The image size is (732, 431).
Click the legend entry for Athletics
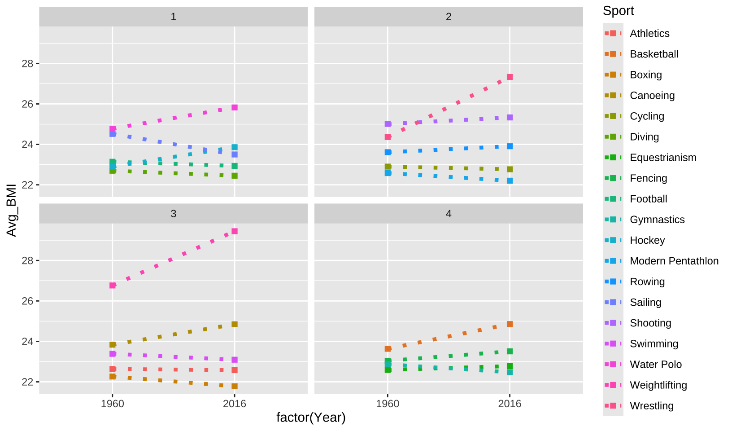[x=649, y=33]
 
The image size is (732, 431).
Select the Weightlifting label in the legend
[x=658, y=385]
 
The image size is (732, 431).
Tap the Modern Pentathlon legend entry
[x=674, y=261]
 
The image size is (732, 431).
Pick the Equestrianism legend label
[x=663, y=158]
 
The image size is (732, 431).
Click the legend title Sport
[x=618, y=11]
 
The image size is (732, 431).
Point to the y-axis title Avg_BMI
[x=12, y=210]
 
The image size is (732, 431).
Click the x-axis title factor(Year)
[x=311, y=418]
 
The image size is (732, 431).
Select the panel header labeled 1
[x=174, y=17]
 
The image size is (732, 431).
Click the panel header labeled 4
[x=449, y=214]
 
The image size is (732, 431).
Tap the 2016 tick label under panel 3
[x=235, y=404]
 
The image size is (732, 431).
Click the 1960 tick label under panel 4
[x=388, y=404]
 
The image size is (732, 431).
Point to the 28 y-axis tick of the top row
[x=28, y=64]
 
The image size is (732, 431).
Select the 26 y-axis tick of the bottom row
[x=28, y=301]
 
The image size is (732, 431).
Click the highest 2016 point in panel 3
[x=235, y=231]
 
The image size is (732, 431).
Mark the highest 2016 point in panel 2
[x=510, y=77]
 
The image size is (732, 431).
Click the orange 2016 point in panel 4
[x=510, y=324]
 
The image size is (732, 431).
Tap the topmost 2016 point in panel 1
[x=235, y=108]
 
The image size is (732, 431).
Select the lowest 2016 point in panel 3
[x=235, y=387]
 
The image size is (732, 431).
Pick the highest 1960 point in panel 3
[x=113, y=286]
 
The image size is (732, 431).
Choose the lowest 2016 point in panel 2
[x=510, y=181]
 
